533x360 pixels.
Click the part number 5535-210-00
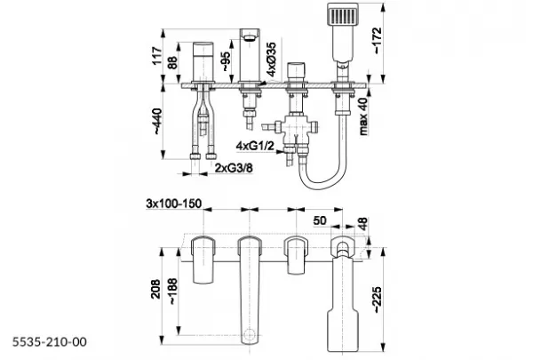(x=50, y=341)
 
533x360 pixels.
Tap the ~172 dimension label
(x=378, y=40)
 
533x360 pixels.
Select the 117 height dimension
(x=156, y=56)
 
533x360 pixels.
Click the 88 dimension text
(x=172, y=62)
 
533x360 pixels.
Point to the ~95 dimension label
(x=226, y=61)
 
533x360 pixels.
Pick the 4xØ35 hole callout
(x=271, y=60)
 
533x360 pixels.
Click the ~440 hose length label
(x=157, y=122)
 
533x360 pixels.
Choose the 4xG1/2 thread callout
(x=255, y=146)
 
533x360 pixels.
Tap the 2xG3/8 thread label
(x=234, y=167)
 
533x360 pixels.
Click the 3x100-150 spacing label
(x=174, y=204)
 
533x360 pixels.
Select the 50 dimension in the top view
(x=320, y=220)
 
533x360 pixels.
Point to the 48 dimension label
(x=362, y=224)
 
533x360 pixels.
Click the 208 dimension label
(x=155, y=289)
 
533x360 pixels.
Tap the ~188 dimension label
(x=172, y=292)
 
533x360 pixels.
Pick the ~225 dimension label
(x=378, y=300)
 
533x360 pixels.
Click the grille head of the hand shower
(x=343, y=14)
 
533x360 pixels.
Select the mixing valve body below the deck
(x=294, y=128)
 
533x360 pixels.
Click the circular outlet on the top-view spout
(x=250, y=333)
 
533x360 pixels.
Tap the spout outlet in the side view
(x=250, y=36)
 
